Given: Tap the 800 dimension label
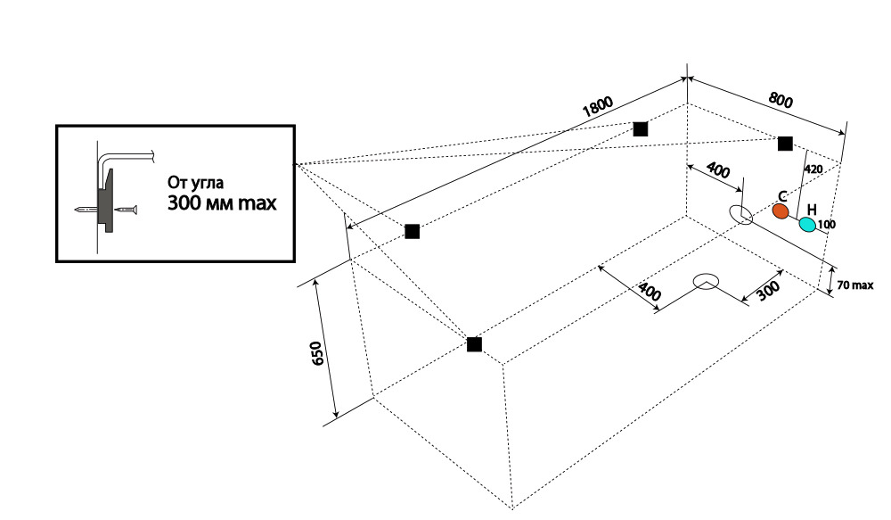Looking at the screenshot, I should click(781, 101).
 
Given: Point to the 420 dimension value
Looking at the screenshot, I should click(813, 169).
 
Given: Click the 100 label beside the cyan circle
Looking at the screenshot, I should click(826, 225).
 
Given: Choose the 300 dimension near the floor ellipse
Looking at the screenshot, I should click(767, 291).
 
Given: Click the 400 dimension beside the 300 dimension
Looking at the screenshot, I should click(650, 291).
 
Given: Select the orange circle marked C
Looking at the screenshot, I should click(781, 211).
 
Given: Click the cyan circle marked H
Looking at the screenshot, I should click(807, 224).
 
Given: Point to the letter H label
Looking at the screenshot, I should click(812, 210).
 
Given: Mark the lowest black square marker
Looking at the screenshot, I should click(474, 344).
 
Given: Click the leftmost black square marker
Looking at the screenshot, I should click(412, 232).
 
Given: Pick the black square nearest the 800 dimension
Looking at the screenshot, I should click(785, 144).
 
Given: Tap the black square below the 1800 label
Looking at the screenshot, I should click(640, 128).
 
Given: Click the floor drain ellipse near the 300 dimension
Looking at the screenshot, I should click(707, 281).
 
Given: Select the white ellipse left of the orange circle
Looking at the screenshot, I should click(741, 215).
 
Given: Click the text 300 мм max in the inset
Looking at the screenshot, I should click(222, 202).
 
